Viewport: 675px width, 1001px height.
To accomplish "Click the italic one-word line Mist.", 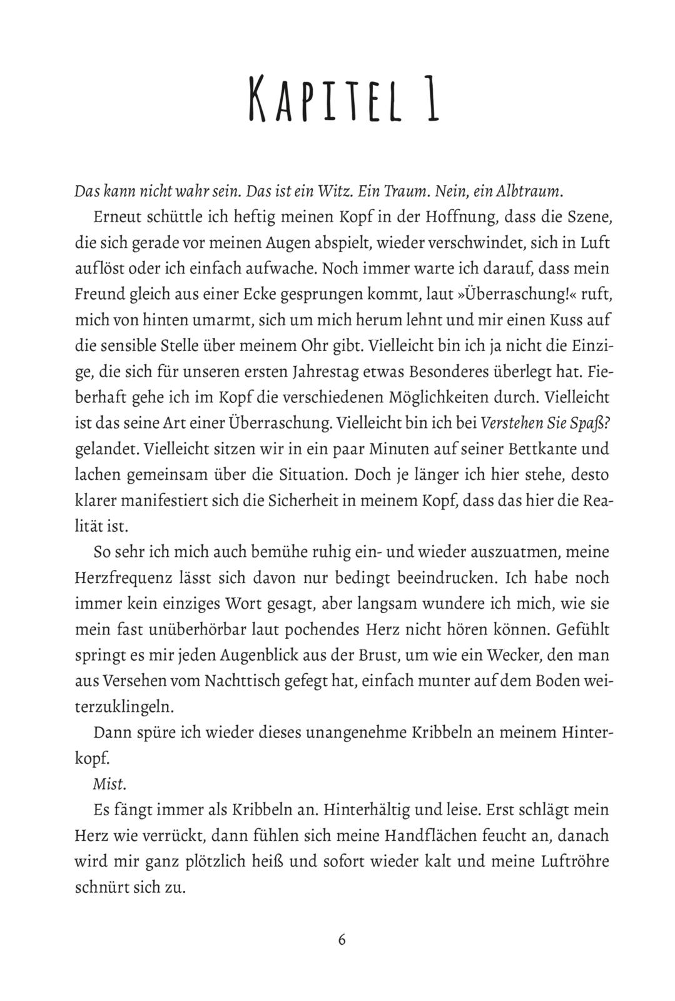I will point(104,786).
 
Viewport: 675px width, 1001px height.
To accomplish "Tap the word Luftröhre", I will point(572,862).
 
